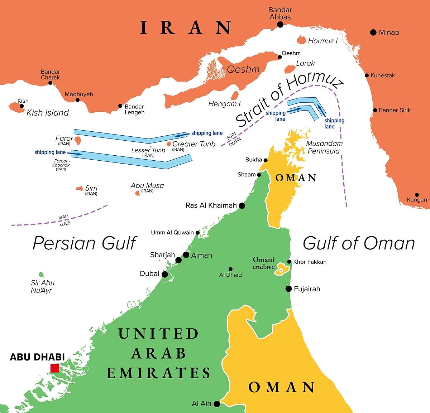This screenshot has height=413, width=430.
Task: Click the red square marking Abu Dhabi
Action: [54, 368]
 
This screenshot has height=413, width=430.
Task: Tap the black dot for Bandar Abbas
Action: [280, 24]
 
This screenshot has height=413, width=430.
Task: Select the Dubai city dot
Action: [164, 274]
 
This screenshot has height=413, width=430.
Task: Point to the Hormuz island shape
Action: [301, 39]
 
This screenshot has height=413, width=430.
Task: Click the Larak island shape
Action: [290, 69]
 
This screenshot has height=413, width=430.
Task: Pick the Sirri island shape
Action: [79, 188]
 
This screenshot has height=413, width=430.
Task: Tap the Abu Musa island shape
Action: [137, 193]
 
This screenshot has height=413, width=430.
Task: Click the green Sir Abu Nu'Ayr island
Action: [41, 274]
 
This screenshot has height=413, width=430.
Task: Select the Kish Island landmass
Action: [16, 107]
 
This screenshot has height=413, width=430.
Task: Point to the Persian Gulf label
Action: [85, 243]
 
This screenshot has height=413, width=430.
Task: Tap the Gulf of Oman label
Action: [359, 243]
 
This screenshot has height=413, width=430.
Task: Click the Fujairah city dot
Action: [288, 289]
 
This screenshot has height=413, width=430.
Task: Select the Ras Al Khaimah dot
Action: [242, 205]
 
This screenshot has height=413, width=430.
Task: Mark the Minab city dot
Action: [373, 32]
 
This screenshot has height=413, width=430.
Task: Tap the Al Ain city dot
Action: [217, 404]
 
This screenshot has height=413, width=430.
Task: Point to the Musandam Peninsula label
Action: [324, 147]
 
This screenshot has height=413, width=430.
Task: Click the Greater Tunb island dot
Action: [169, 144]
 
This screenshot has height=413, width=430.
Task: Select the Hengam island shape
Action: [235, 95]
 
